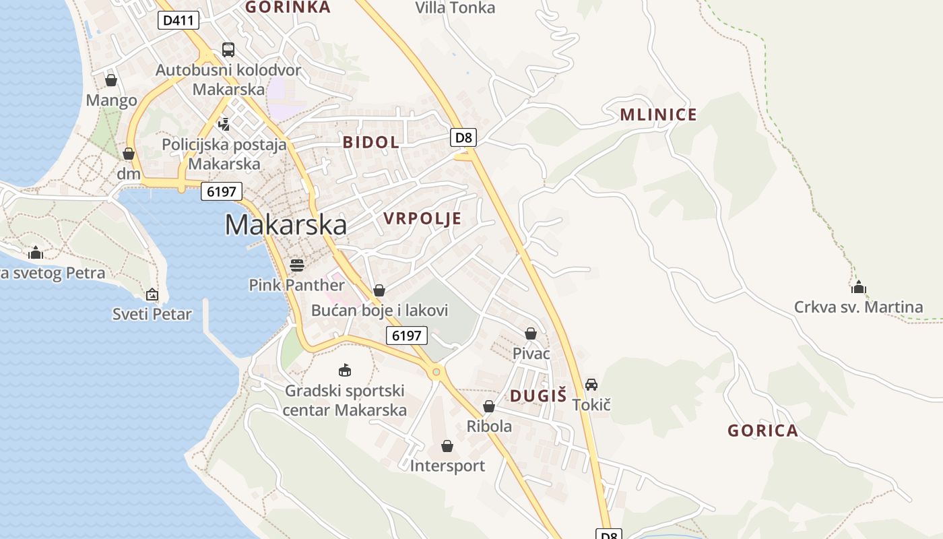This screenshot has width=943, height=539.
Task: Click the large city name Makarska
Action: click(286, 225)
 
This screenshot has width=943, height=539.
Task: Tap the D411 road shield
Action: click(178, 20)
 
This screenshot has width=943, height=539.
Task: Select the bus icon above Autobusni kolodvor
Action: click(228, 50)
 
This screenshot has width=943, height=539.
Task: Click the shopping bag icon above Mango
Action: click(111, 81)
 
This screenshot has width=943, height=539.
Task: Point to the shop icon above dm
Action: click(129, 154)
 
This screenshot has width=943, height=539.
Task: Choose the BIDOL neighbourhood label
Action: click(370, 142)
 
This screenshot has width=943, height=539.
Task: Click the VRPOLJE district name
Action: click(422, 218)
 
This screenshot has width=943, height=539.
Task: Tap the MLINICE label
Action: click(658, 115)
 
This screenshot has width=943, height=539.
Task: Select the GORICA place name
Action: click(762, 431)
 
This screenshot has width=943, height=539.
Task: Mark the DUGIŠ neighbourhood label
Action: click(538, 396)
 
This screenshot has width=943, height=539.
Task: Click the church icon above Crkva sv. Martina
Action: click(858, 287)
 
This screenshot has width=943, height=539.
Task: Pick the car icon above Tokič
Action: click(591, 385)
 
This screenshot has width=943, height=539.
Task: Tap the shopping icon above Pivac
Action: click(531, 334)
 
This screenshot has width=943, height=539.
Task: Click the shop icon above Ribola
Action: click(489, 406)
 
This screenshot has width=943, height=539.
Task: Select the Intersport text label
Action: click(447, 466)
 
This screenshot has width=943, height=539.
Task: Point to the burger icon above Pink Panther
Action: click(296, 264)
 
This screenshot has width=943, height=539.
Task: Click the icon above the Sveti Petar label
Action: click(152, 294)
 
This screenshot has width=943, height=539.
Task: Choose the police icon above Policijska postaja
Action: click(224, 124)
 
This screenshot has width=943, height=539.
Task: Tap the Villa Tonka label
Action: click(455, 8)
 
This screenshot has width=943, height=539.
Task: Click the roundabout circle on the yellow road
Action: click(436, 371)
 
